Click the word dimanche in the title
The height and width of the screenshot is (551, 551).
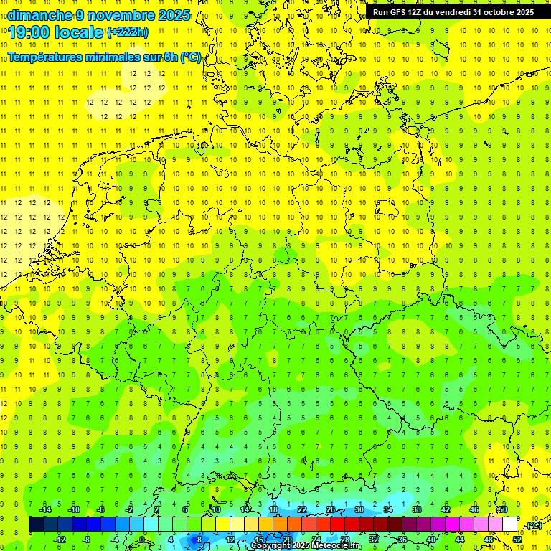(x=39, y=15)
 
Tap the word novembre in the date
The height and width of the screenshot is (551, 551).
(x=119, y=15)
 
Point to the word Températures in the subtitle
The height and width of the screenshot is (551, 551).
(x=50, y=57)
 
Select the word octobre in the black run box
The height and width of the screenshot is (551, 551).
(x=493, y=12)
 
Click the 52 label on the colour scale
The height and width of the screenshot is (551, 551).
(x=517, y=539)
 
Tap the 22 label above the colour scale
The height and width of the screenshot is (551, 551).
(x=302, y=509)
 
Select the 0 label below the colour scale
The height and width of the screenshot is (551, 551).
(x=142, y=539)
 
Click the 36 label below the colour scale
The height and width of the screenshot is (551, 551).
(x=402, y=539)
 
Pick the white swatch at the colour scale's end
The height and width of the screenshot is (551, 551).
(x=510, y=524)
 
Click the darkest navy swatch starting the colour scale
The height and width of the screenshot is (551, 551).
(x=36, y=524)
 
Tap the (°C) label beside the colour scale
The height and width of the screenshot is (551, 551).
(x=533, y=525)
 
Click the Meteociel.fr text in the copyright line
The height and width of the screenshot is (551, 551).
(x=337, y=546)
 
